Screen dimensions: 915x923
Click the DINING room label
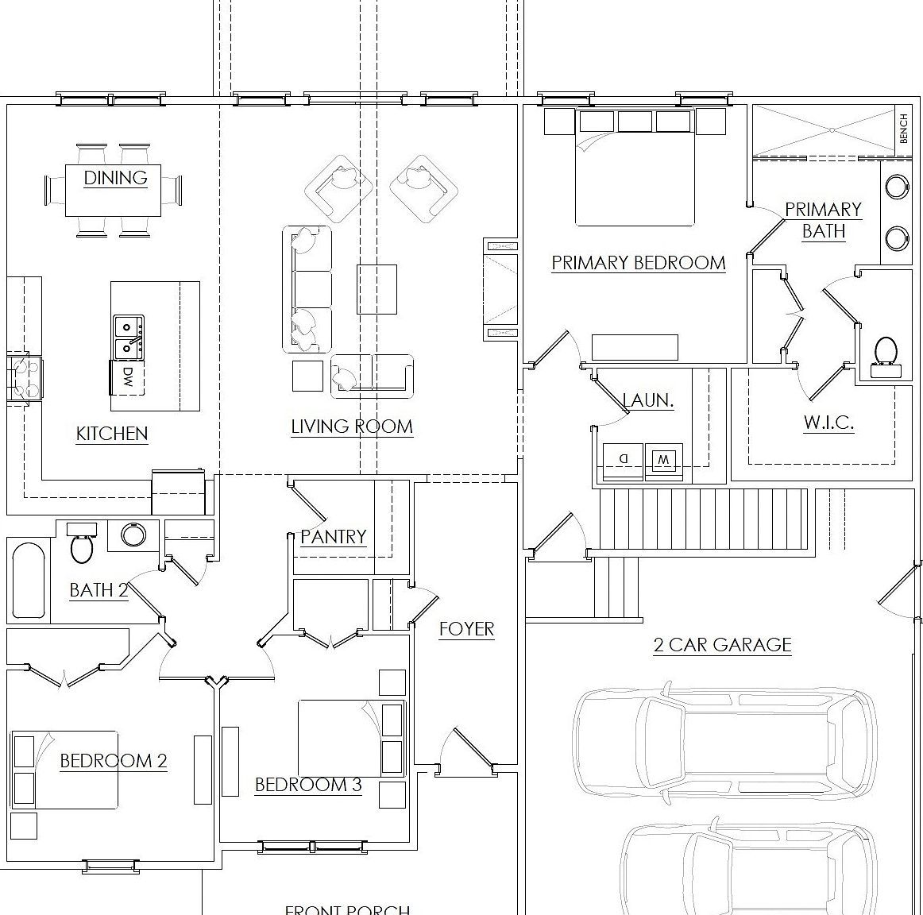pyautogui.click(x=116, y=177)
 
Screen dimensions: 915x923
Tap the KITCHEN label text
pyautogui.click(x=112, y=433)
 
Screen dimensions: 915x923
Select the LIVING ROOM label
pyautogui.click(x=352, y=427)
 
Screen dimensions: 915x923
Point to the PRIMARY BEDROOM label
pyautogui.click(x=639, y=263)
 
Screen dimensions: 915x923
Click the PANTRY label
pyautogui.click(x=333, y=537)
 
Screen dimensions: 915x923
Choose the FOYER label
pyautogui.click(x=467, y=629)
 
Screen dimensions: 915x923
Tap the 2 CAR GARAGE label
pyautogui.click(x=723, y=644)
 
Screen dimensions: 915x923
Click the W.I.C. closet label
pyautogui.click(x=828, y=423)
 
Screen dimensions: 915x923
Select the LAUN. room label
pyautogui.click(x=648, y=401)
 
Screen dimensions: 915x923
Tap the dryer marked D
pyautogui.click(x=623, y=459)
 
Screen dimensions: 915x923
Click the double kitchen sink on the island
pyautogui.click(x=129, y=337)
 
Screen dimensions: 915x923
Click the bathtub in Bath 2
pyautogui.click(x=29, y=580)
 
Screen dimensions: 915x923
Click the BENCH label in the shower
pyautogui.click(x=904, y=127)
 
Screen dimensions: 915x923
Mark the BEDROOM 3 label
pyautogui.click(x=308, y=785)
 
